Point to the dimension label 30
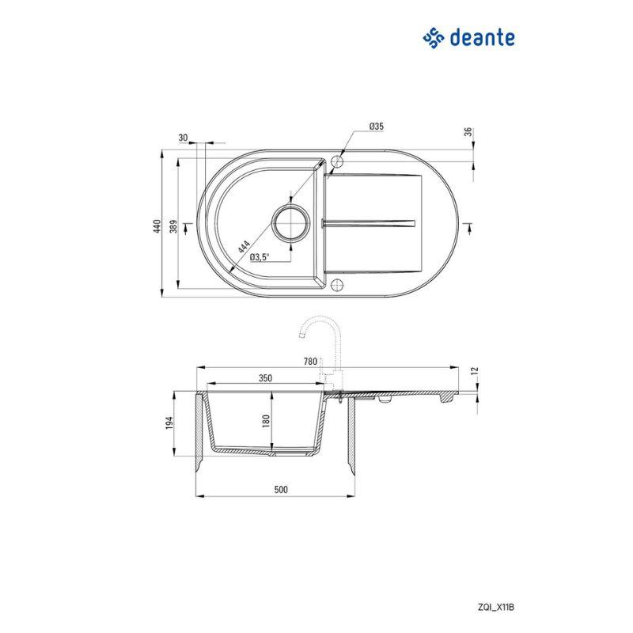[x=184, y=138]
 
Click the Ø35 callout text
[x=376, y=127]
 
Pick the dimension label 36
[x=468, y=132]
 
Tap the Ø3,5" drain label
[x=260, y=256]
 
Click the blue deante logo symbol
[x=434, y=36]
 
